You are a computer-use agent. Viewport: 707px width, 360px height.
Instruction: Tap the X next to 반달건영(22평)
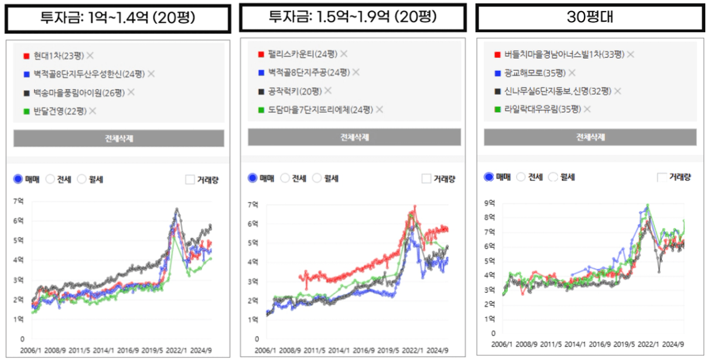click(93, 111)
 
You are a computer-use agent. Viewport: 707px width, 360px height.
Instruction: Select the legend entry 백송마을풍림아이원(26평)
click(77, 92)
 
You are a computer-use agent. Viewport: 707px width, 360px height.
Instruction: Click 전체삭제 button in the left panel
click(119, 138)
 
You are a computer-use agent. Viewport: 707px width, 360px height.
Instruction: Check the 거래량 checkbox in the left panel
click(190, 180)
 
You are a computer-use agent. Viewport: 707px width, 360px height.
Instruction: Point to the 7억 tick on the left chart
click(19, 201)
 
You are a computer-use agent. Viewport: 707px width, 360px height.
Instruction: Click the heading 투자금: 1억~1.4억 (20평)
click(118, 18)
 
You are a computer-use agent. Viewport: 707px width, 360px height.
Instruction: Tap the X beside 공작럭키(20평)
click(328, 91)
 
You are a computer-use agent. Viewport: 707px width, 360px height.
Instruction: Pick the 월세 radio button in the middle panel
click(317, 179)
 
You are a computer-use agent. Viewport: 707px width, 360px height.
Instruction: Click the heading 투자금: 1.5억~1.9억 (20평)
click(353, 17)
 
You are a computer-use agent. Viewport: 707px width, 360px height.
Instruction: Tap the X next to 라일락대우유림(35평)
click(588, 109)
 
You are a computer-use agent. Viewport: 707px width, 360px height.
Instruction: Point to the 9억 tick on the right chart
click(489, 203)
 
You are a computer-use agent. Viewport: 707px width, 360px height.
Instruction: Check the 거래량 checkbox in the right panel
click(662, 177)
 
